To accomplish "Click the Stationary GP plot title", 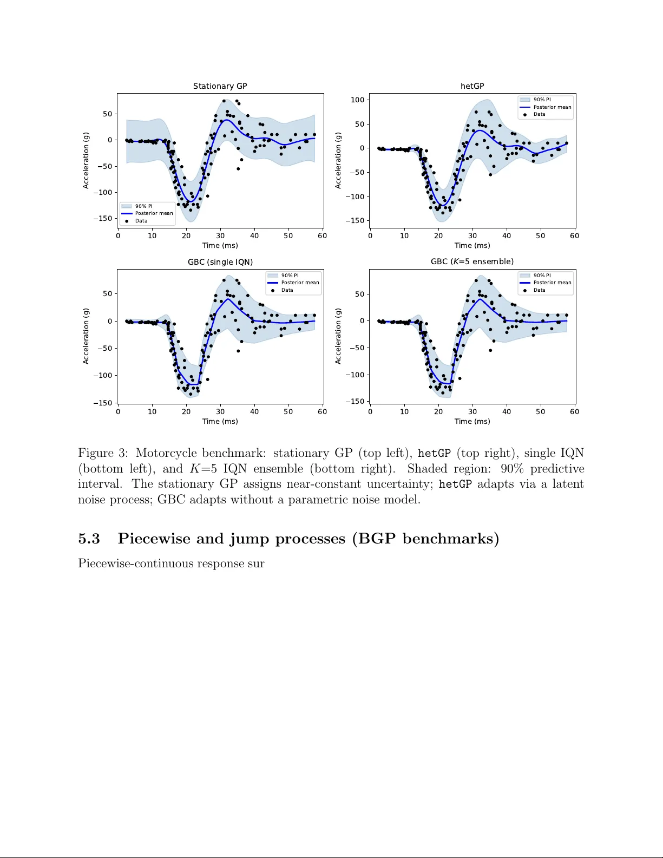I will pyautogui.click(x=220, y=86).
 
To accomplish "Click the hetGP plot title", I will pyautogui.click(x=472, y=86).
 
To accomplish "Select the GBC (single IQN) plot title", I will pyautogui.click(x=220, y=262).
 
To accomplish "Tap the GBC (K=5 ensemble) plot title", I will pyautogui.click(x=472, y=261).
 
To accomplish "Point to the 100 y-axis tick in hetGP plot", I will pyautogui.click(x=358, y=100).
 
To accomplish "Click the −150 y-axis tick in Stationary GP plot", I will pyautogui.click(x=103, y=219).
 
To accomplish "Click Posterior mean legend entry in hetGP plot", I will pyautogui.click(x=552, y=107).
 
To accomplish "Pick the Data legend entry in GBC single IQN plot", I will pyautogui.click(x=287, y=290).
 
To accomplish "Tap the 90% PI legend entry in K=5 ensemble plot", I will pyautogui.click(x=542, y=276).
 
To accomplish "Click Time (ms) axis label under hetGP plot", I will pyautogui.click(x=472, y=245).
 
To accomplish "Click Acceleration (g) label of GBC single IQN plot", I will pyautogui.click(x=86, y=336).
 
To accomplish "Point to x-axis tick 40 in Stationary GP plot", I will pyautogui.click(x=254, y=235).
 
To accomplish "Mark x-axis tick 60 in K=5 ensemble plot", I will pyautogui.click(x=574, y=411).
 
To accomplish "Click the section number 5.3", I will pyautogui.click(x=89, y=539).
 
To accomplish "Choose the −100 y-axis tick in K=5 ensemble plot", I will pyautogui.click(x=355, y=375).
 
